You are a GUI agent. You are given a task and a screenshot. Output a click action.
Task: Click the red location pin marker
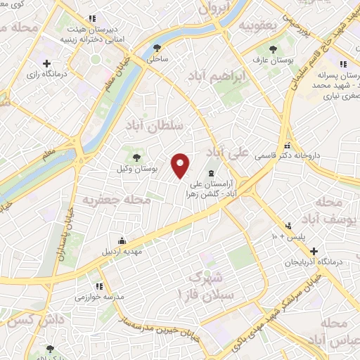(181, 165)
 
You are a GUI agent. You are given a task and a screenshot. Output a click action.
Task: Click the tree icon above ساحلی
(157, 49)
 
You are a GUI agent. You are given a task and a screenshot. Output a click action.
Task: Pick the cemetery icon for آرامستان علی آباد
(211, 174)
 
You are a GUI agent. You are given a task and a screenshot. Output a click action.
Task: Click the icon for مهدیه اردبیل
(122, 240)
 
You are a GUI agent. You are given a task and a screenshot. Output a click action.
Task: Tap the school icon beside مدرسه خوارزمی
(99, 285)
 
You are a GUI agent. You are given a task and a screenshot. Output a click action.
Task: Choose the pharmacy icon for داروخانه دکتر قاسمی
(286, 148)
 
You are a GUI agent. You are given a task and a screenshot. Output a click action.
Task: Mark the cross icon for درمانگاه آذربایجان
(314, 251)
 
